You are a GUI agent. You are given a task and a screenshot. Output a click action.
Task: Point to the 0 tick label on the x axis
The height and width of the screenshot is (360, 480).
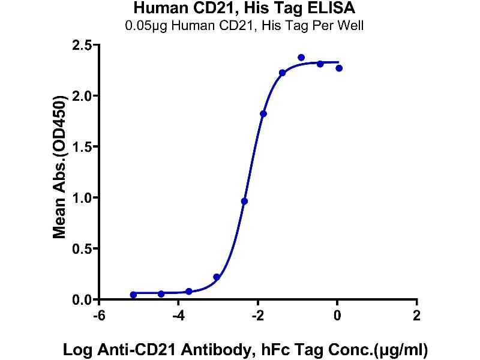pos(337,314)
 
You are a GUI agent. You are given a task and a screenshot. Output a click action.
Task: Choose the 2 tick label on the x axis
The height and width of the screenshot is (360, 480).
pos(416,314)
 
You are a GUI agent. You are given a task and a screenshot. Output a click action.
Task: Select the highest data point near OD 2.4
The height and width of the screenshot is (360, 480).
pos(301,58)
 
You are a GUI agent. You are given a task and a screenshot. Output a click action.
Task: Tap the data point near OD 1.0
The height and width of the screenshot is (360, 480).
pos(244,201)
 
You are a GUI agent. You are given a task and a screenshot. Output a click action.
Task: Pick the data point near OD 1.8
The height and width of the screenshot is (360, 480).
pos(263,113)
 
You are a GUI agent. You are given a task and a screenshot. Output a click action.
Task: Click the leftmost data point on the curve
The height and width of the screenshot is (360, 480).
pos(133,295)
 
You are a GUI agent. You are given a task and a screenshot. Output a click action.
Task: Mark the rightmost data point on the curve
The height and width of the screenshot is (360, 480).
pos(339,68)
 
